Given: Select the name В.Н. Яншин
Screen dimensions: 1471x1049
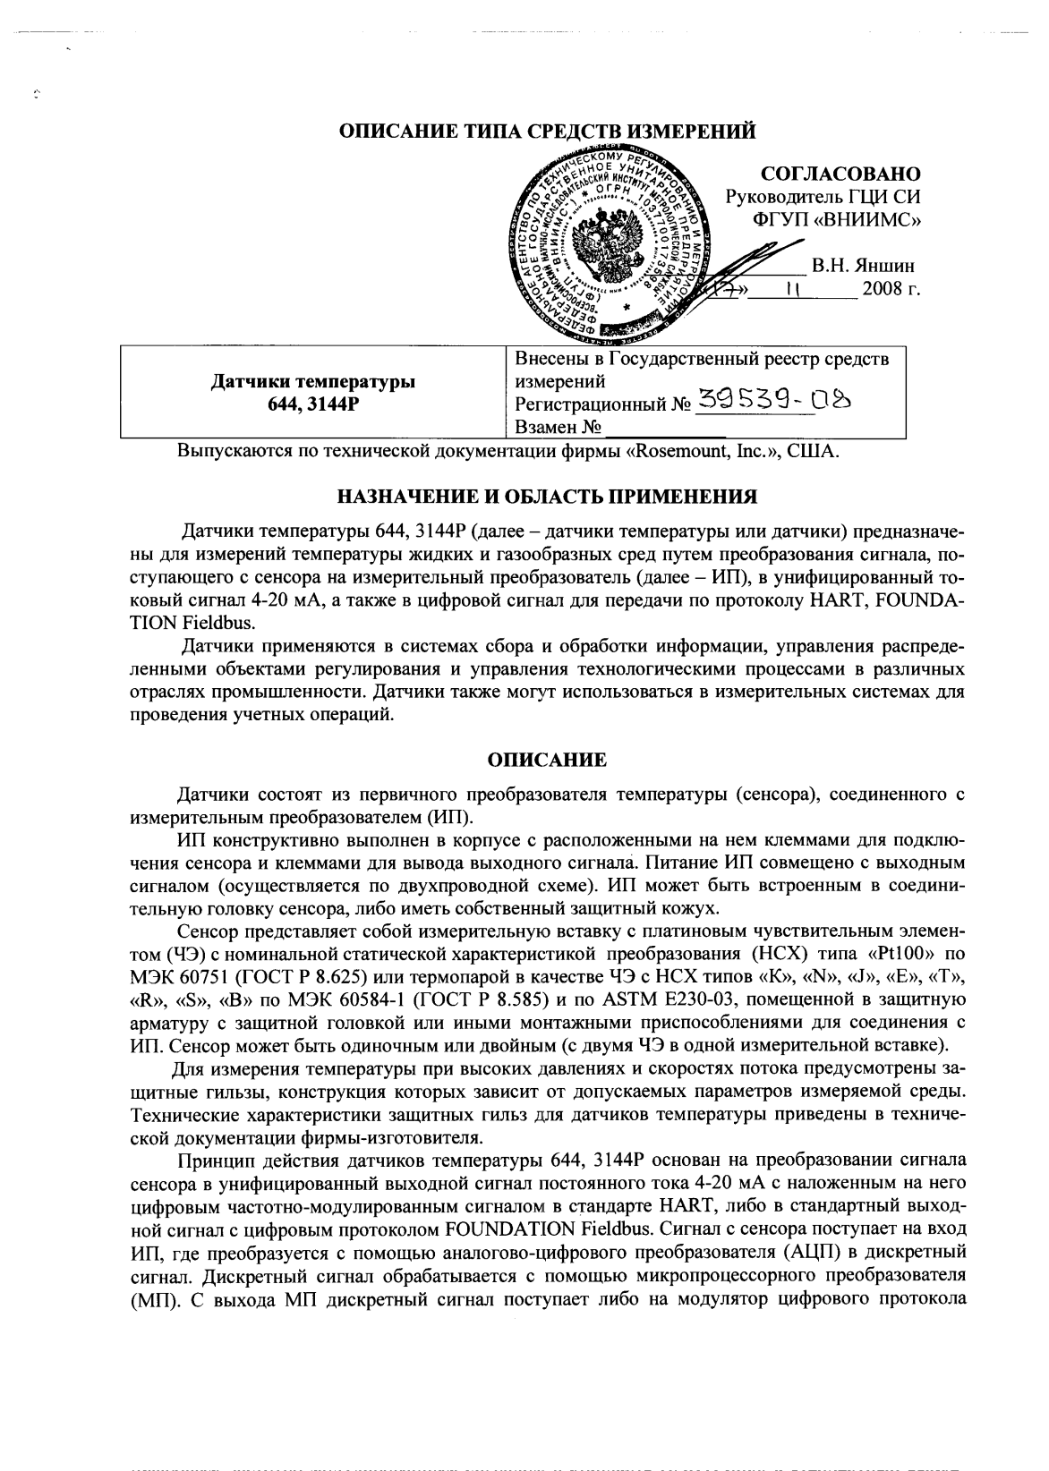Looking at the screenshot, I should pos(863,266).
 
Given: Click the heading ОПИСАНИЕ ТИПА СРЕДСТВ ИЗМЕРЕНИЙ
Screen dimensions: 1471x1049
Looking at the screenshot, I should pos(548,132).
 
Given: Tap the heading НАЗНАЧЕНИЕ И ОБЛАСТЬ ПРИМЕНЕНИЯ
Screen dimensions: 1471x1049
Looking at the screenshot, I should pos(548,496).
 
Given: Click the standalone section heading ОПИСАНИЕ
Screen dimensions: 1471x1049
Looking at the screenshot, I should pos(547,761).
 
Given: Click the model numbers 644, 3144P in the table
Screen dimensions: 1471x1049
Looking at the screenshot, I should pos(312,404).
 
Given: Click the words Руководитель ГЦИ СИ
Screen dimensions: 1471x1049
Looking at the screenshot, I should pos(823,196).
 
